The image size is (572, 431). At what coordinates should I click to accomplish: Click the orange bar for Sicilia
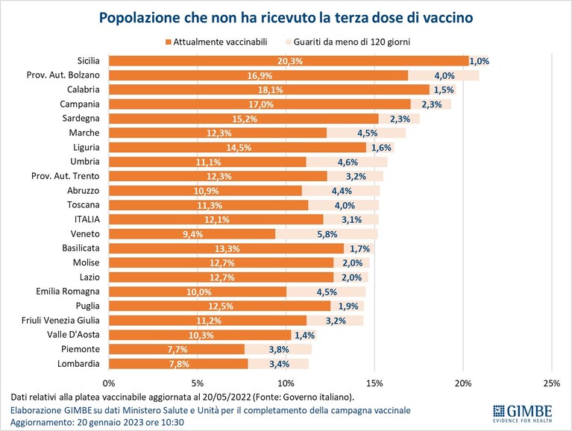[x=289, y=61]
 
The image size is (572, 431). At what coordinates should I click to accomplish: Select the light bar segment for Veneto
[x=327, y=233]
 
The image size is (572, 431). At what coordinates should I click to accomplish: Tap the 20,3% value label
[x=290, y=61]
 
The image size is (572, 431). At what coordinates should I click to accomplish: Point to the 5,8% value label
[x=327, y=234]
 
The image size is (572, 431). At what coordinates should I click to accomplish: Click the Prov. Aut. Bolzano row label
[x=63, y=75]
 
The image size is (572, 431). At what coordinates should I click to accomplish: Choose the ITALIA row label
[x=87, y=219]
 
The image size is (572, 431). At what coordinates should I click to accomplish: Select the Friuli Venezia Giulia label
[x=60, y=321]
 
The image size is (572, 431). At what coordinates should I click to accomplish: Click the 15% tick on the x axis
[x=374, y=383]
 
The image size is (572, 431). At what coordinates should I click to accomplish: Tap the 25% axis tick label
[x=552, y=383]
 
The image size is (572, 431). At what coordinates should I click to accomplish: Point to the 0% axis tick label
[x=109, y=383]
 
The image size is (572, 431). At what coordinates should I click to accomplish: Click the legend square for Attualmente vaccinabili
[x=169, y=43]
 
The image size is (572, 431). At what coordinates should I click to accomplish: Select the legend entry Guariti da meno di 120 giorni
[x=348, y=42]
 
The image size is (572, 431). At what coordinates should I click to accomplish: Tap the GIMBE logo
[x=523, y=414]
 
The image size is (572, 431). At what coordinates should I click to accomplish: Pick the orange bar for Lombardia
[x=178, y=364]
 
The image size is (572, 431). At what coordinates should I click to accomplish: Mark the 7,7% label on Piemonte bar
[x=177, y=349]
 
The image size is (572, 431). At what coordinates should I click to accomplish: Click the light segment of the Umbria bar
[x=347, y=162]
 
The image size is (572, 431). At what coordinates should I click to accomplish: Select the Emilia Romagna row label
[x=67, y=292]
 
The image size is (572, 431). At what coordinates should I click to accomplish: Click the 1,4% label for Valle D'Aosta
[x=304, y=335]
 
